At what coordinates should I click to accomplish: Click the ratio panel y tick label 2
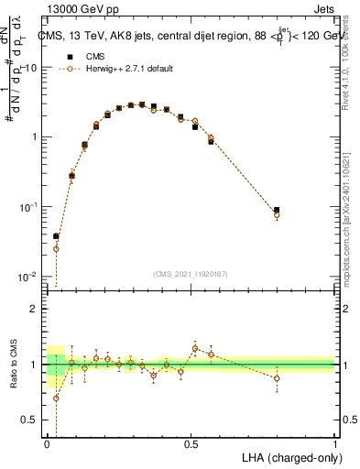[x=37, y=309]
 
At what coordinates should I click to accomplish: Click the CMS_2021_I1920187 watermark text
[x=191, y=274]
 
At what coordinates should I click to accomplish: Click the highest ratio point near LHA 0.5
[x=195, y=348]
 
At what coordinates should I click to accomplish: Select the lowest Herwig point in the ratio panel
[x=56, y=398]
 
